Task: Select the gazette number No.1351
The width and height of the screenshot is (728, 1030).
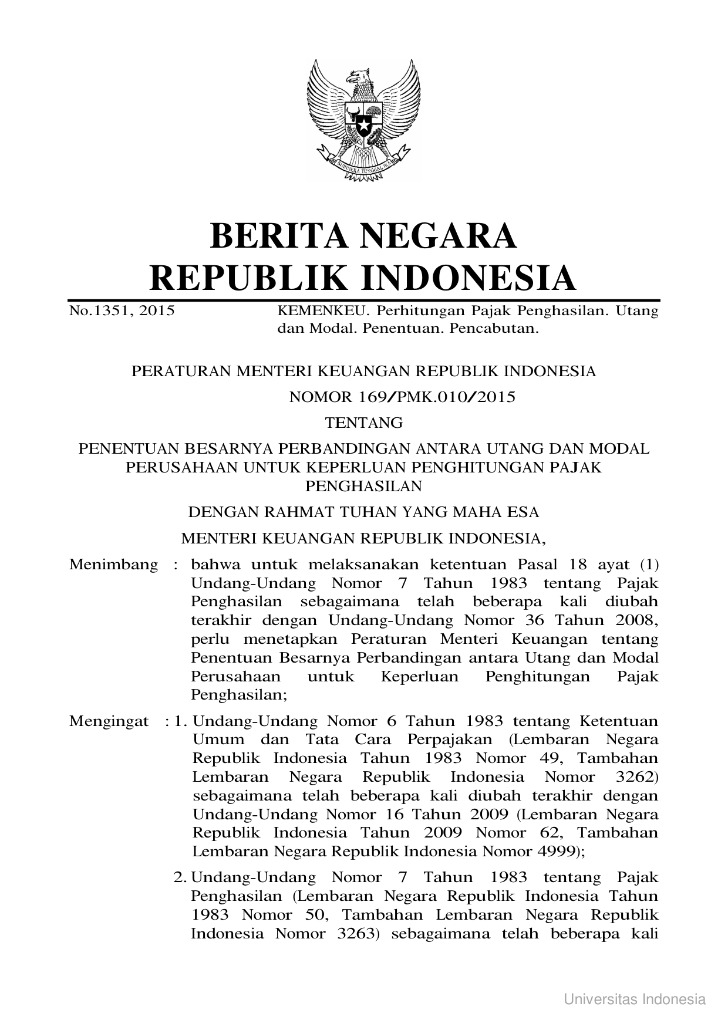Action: tap(95, 311)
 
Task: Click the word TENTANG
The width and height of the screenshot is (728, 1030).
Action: tap(364, 423)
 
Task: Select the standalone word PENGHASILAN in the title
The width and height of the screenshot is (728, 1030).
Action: tap(364, 486)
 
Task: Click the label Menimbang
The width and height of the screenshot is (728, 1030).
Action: tap(113, 565)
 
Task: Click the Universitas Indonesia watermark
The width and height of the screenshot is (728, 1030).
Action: tap(635, 999)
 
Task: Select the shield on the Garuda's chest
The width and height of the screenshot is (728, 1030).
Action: tap(363, 120)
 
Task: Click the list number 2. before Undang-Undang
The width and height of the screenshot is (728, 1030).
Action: tap(180, 878)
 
